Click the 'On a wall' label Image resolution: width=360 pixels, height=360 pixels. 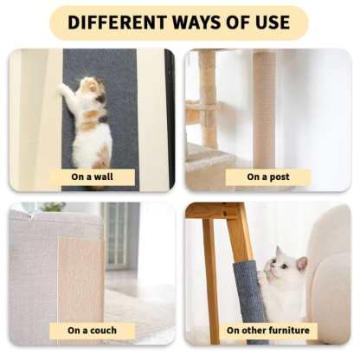pyautogui.click(x=92, y=177)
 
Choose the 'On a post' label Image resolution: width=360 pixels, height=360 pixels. pyautogui.click(x=267, y=177)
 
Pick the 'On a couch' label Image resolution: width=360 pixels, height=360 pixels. pyautogui.click(x=92, y=331)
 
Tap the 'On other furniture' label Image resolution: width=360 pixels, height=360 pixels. pyautogui.click(x=267, y=331)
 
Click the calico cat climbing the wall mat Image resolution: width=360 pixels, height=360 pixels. pyautogui.click(x=89, y=121)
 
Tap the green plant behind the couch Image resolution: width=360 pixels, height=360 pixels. pyautogui.click(x=53, y=208)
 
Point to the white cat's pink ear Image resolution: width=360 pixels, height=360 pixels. pyautogui.click(x=301, y=262)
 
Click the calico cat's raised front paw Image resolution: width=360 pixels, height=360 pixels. pyautogui.click(x=65, y=88)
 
